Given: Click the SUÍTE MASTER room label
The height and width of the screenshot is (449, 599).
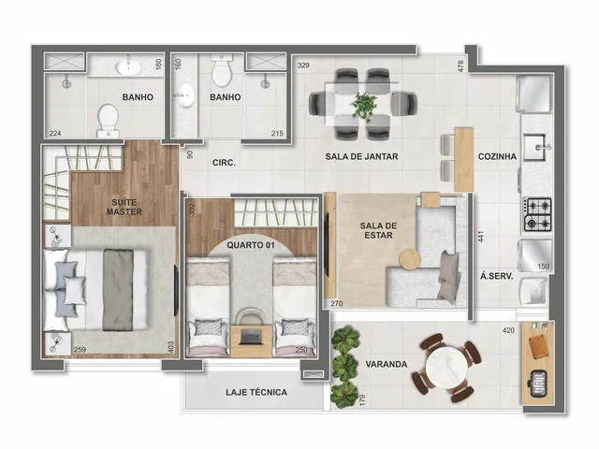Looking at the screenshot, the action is pos(124,207).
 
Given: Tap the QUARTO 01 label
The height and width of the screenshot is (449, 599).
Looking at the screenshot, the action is pos(251,245).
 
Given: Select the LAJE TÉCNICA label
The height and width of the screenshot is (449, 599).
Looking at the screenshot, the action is pos(256,392).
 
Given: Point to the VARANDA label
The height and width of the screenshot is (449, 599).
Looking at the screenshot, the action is pos(387,364).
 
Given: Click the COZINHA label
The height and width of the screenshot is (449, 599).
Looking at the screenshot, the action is pos(497,156).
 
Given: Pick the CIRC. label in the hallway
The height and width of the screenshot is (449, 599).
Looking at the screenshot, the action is pos(224,163).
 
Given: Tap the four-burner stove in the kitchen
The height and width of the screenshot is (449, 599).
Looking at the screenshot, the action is pos(537,214).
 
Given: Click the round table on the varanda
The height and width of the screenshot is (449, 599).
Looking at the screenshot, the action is pos(446,367).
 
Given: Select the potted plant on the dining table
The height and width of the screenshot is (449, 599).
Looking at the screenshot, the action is pos(364,104).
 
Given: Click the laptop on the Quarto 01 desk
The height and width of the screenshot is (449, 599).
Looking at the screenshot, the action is pos(252,336).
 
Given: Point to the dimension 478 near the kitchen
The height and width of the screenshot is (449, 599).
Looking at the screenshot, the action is pos(460,66).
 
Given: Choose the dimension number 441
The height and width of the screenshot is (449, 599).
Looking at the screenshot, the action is pos(481,237).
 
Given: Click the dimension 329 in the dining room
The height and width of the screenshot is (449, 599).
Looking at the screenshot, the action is pos(303,65).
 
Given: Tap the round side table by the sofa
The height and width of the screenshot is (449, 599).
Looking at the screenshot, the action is pos(410,259).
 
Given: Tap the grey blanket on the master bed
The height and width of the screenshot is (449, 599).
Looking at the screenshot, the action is pos(118,290).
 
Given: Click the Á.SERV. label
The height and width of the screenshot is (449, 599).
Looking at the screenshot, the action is pos(497,276).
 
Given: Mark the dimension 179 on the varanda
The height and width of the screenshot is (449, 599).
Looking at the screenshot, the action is pos(362,399).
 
